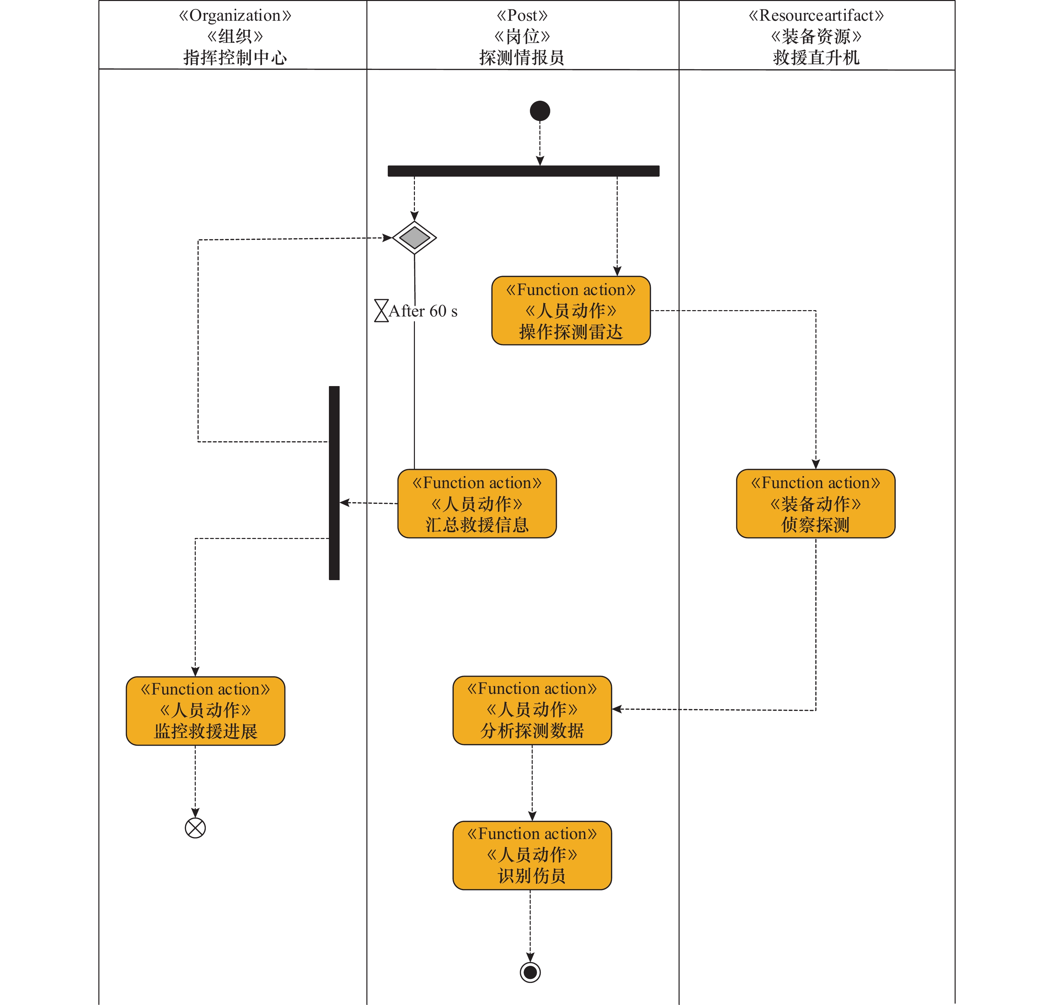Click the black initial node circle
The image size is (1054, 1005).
[540, 111]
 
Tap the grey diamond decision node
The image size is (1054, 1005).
[414, 237]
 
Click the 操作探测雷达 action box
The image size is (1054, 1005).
[571, 311]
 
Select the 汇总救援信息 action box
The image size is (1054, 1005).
[477, 504]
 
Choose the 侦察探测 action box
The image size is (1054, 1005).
[815, 504]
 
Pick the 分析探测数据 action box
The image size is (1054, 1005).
[532, 710]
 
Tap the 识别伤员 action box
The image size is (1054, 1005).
[532, 855]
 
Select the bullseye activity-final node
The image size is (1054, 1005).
[530, 972]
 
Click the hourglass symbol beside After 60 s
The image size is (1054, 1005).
[381, 311]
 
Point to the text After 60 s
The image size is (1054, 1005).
[423, 311]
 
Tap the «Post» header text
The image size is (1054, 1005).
[522, 15]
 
